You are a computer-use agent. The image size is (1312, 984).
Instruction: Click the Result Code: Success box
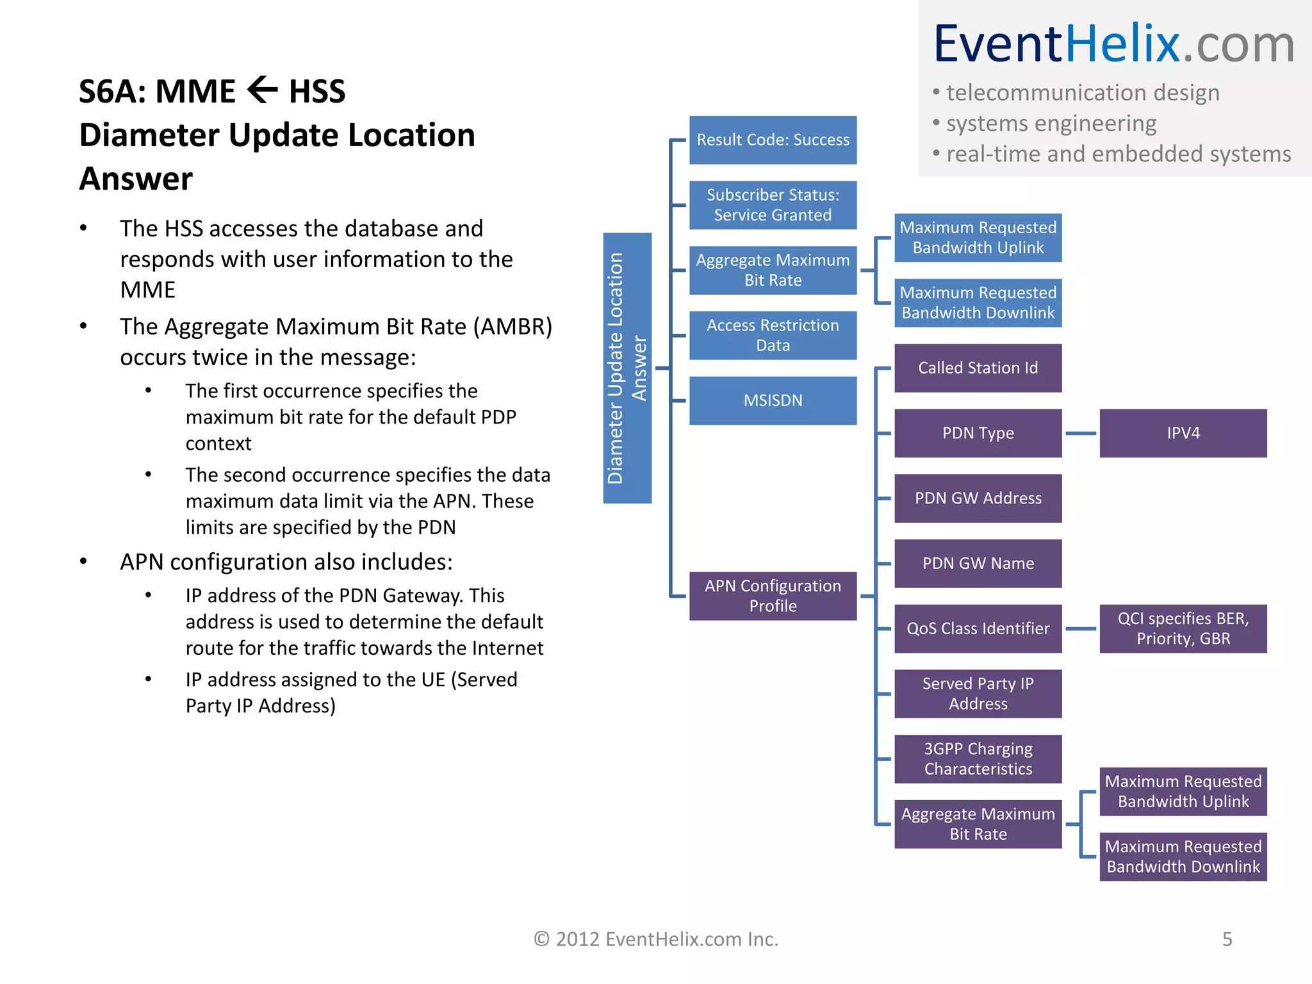[773, 140]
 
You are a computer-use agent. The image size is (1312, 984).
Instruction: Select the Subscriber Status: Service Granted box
[773, 205]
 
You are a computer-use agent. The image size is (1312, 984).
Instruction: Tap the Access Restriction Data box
[773, 335]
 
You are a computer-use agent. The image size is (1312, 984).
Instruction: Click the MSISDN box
[773, 400]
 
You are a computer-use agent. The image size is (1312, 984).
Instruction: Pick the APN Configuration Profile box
[773, 596]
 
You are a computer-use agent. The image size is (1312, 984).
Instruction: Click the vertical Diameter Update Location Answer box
[627, 368]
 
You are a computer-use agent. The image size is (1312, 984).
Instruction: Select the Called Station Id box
[978, 368]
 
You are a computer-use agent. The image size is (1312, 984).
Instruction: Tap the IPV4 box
[1183, 433]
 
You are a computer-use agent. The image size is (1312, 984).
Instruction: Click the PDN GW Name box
[978, 563]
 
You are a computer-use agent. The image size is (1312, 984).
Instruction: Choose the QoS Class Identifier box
[978, 628]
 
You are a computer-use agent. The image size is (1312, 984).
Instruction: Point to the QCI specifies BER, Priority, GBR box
[1183, 628]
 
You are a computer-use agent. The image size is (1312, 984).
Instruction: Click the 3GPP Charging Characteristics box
[978, 758]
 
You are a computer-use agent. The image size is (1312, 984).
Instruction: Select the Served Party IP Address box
[978, 694]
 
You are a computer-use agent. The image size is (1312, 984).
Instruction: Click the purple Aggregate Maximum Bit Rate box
[978, 824]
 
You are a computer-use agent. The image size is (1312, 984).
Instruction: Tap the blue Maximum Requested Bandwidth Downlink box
[978, 302]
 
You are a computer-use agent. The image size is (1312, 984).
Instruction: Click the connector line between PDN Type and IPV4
[1081, 434]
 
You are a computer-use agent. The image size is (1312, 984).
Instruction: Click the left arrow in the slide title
[262, 90]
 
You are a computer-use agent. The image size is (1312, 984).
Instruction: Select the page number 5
[1227, 939]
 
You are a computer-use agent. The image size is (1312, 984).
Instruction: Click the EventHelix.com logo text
[1113, 44]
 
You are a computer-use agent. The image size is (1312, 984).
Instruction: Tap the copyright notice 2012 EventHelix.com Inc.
[656, 939]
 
